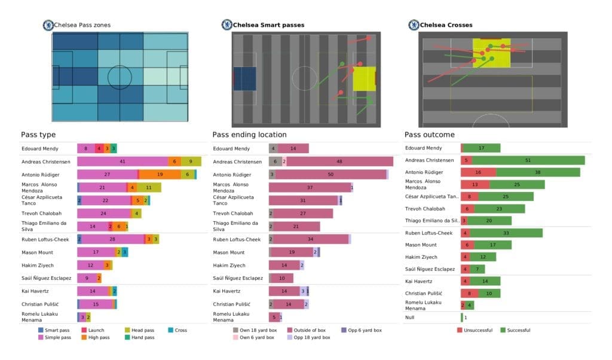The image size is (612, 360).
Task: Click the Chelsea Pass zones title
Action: point(82,25)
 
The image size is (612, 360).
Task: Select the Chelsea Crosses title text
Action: point(446,25)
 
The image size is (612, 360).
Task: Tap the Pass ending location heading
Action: point(249,135)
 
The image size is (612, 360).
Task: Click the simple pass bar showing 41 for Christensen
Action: point(123,161)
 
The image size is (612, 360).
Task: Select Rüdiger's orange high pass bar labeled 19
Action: point(160,174)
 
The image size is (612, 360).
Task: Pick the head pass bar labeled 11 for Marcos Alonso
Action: point(149,187)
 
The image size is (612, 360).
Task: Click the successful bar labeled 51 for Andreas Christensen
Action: point(527,160)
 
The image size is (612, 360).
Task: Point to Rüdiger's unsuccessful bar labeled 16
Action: point(478,172)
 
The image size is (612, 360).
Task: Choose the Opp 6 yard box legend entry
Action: point(363,330)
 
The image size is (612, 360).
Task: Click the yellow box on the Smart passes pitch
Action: point(364,78)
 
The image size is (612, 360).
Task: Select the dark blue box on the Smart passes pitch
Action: point(244,78)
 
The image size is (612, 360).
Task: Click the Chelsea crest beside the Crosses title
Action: point(413,25)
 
